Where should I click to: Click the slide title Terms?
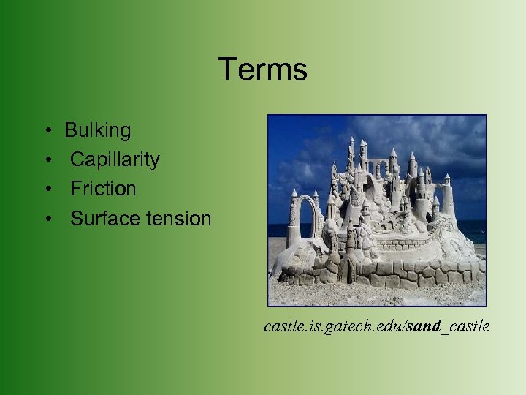point(262,69)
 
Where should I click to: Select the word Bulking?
point(98,131)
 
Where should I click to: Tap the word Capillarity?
point(115,159)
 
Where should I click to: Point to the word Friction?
point(103,189)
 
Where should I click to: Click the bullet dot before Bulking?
point(46,132)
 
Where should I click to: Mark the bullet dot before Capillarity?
point(46,160)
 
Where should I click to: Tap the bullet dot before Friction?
point(46,189)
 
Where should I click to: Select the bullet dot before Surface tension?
point(46,219)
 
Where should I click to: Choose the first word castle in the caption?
point(281,326)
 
